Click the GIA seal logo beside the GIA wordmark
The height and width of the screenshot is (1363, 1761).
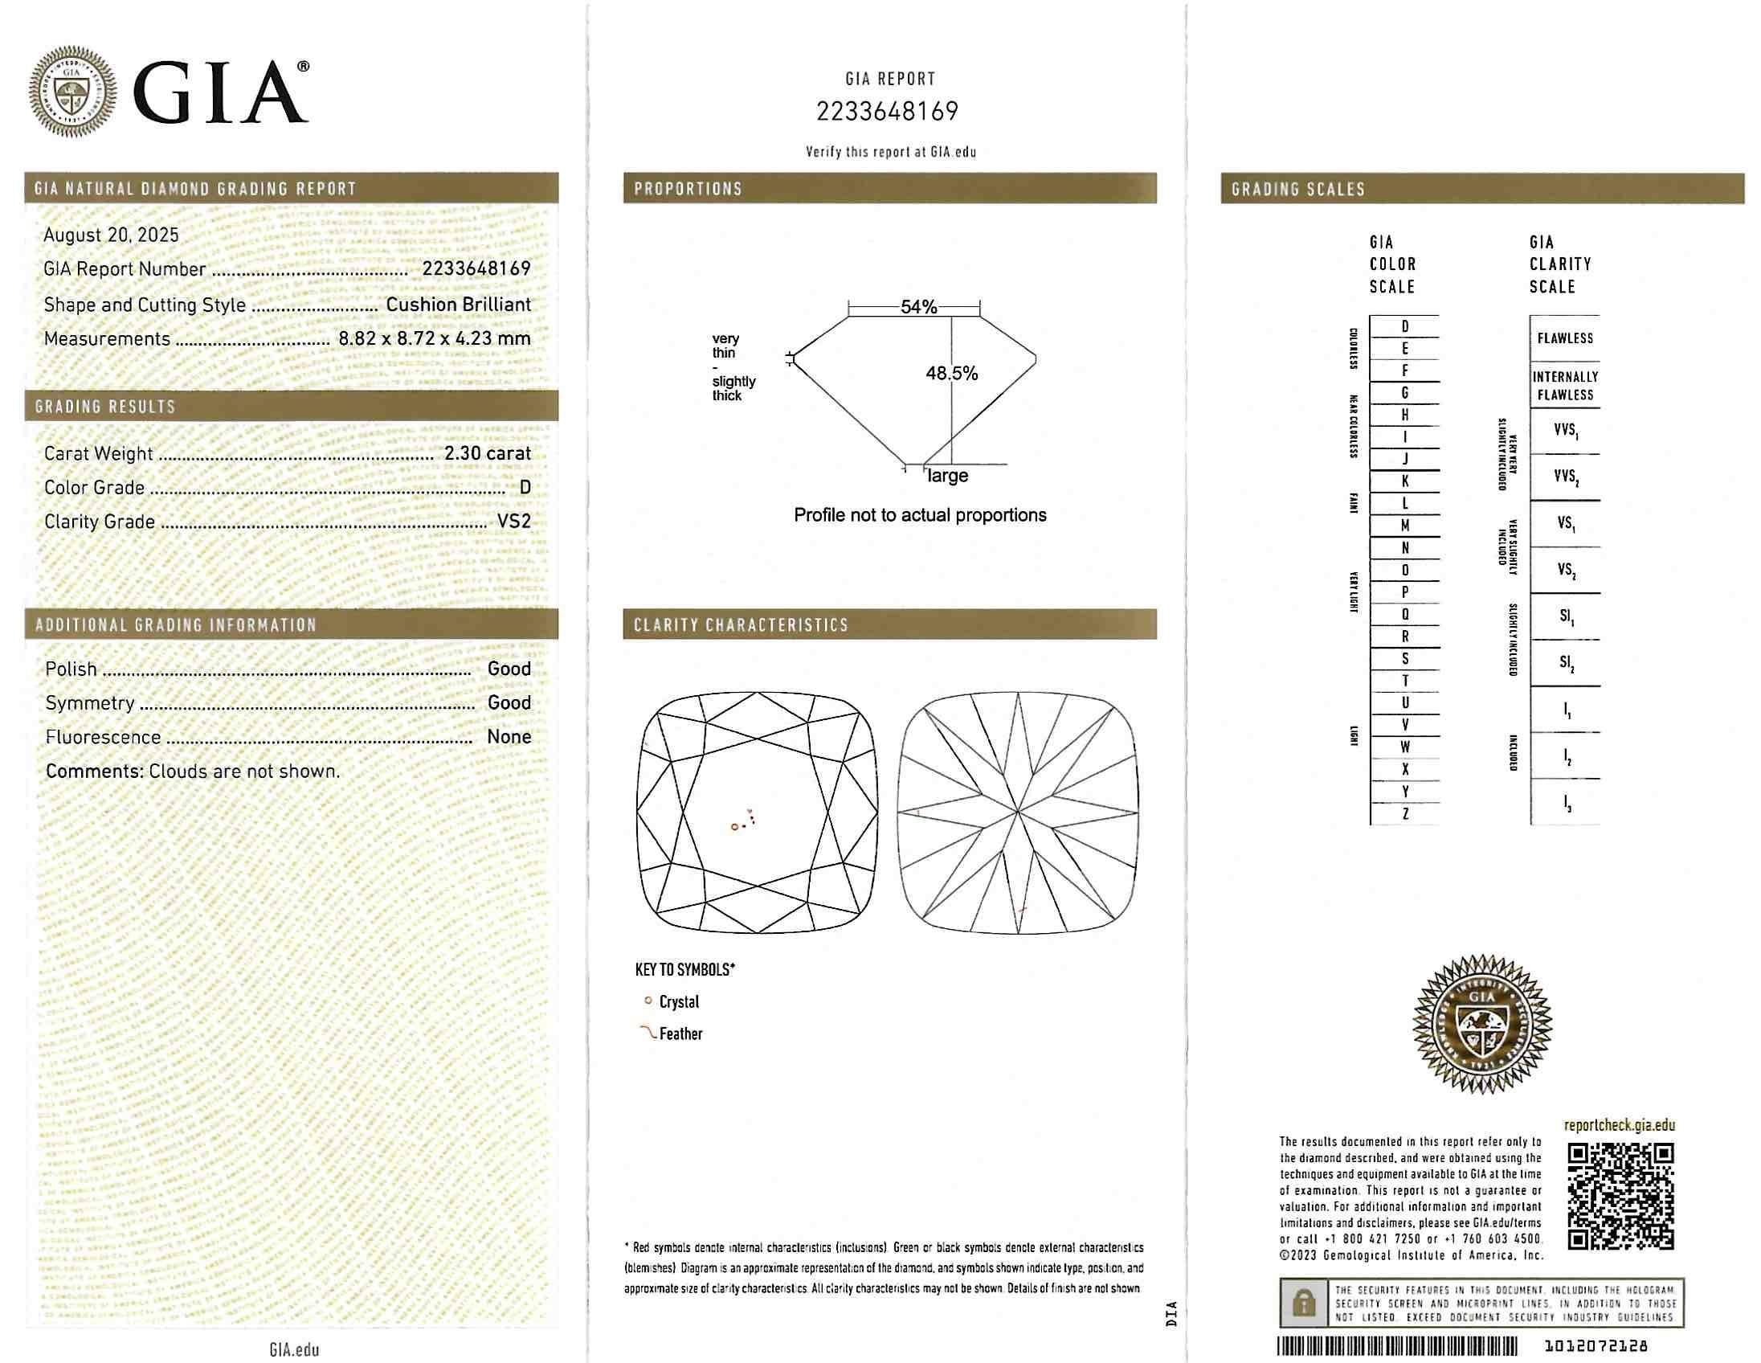72,91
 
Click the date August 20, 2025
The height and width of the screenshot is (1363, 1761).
112,235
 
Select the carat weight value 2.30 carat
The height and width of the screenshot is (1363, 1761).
487,453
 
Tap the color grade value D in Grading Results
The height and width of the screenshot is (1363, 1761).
525,487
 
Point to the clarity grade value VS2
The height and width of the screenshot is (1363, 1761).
513,521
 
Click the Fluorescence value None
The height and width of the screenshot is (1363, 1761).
509,736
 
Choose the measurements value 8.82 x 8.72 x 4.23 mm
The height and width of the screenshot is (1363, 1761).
434,338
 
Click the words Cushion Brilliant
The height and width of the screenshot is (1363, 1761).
458,304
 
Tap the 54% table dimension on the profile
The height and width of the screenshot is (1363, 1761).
918,306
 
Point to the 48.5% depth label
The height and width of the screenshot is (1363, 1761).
951,373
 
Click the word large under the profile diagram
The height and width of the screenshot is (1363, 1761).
947,476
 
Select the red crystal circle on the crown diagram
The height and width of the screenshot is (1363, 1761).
734,827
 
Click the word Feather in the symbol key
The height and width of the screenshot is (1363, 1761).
680,1034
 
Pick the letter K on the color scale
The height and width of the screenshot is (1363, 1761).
1404,481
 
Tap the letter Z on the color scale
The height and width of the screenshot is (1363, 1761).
1404,814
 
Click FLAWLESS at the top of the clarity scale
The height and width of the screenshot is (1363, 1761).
1564,338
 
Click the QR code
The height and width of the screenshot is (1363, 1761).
1620,1197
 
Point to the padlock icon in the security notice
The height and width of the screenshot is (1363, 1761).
1303,1303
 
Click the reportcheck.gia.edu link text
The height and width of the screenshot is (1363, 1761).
1619,1125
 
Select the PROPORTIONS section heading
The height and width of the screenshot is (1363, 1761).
687,189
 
